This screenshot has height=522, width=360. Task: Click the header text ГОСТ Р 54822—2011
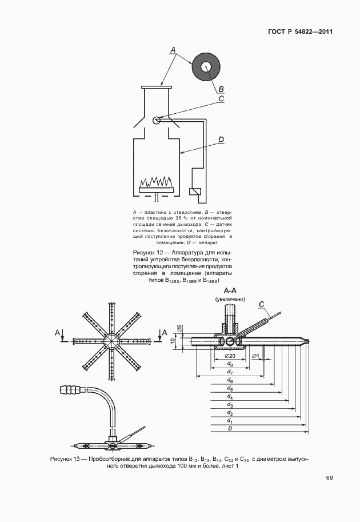pyautogui.click(x=300, y=31)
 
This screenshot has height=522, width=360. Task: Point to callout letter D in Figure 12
pyautogui.click(x=221, y=139)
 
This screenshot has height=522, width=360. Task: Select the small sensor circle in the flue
pyautogui.click(x=157, y=120)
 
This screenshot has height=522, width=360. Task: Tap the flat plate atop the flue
pyautogui.click(x=156, y=87)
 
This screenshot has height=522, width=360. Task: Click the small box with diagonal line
pyautogui.click(x=195, y=192)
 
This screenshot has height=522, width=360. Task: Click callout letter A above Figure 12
pyautogui.click(x=172, y=50)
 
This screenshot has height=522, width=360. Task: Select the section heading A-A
pyautogui.click(x=230, y=290)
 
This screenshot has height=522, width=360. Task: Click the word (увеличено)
pyautogui.click(x=230, y=299)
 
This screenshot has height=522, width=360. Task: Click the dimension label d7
pyautogui.click(x=229, y=372)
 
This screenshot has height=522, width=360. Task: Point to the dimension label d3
pyautogui.click(x=229, y=404)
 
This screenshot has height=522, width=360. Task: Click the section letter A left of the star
pyautogui.click(x=57, y=332)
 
